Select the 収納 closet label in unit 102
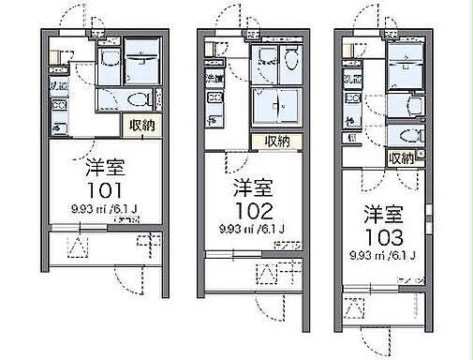277,142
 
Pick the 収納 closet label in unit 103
401,158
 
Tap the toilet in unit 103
412,136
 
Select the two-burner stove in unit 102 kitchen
214,97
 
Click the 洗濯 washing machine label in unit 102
214,79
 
